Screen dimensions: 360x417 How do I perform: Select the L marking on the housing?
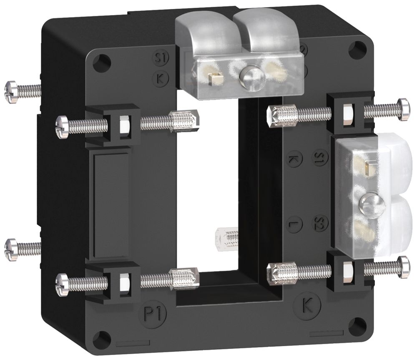(294, 224)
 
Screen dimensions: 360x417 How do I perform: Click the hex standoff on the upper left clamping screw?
(184, 121)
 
